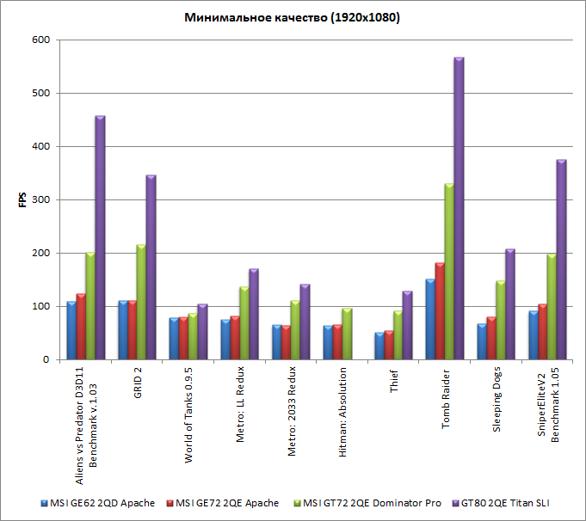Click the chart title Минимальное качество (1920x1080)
(x=293, y=17)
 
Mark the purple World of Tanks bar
(x=202, y=332)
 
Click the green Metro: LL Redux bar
(x=244, y=323)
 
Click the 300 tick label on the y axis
(x=40, y=199)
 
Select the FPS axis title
(x=22, y=200)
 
